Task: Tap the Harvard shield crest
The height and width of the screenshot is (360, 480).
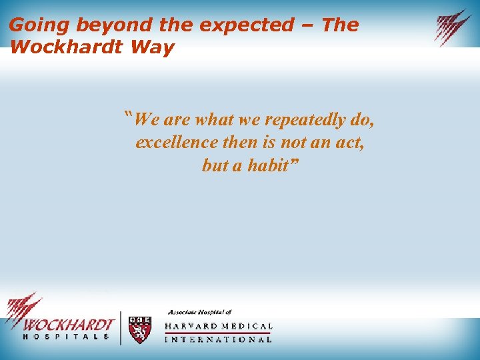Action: coord(139,329)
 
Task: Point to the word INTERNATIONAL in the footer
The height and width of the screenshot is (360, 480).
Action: coord(218,339)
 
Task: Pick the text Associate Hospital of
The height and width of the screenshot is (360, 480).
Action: coord(199,312)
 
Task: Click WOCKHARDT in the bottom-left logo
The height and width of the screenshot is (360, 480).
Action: coord(69,325)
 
